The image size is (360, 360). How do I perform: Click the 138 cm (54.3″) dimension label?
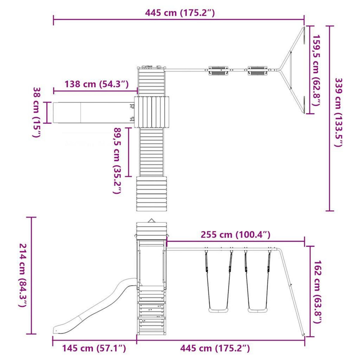[97, 84]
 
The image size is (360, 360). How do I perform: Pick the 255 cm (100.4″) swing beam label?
[235, 235]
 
